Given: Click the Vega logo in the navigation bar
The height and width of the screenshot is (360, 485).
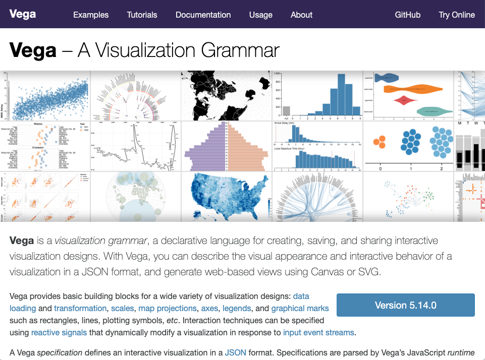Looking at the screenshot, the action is click(23, 14).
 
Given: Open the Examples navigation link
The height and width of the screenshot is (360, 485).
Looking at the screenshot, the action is click(91, 15).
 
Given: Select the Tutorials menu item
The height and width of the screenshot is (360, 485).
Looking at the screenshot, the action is click(142, 15).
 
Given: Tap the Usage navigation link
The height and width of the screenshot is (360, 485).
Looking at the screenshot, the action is click(261, 15).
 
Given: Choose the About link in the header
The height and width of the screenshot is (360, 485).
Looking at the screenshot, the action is click(301, 15).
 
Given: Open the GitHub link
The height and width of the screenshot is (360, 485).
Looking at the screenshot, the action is click(408, 15).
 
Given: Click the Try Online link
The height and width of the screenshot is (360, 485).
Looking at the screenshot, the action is click(457, 15).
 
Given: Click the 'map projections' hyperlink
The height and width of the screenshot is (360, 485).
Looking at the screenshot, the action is click(168, 308).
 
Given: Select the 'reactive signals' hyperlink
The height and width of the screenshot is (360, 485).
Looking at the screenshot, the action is click(59, 332).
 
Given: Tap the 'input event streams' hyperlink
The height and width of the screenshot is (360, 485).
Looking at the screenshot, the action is click(319, 332).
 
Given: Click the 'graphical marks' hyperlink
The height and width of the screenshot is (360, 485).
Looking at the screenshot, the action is click(300, 308).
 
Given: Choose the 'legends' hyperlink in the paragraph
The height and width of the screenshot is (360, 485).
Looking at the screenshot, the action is click(237, 308).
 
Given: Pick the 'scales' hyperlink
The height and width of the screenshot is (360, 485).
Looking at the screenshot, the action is click(123, 308).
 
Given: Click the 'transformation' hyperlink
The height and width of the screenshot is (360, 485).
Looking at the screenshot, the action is click(80, 308).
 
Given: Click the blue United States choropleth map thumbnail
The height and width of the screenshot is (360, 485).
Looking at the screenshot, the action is click(227, 197).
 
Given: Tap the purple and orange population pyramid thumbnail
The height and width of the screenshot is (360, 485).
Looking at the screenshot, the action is click(227, 146).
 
